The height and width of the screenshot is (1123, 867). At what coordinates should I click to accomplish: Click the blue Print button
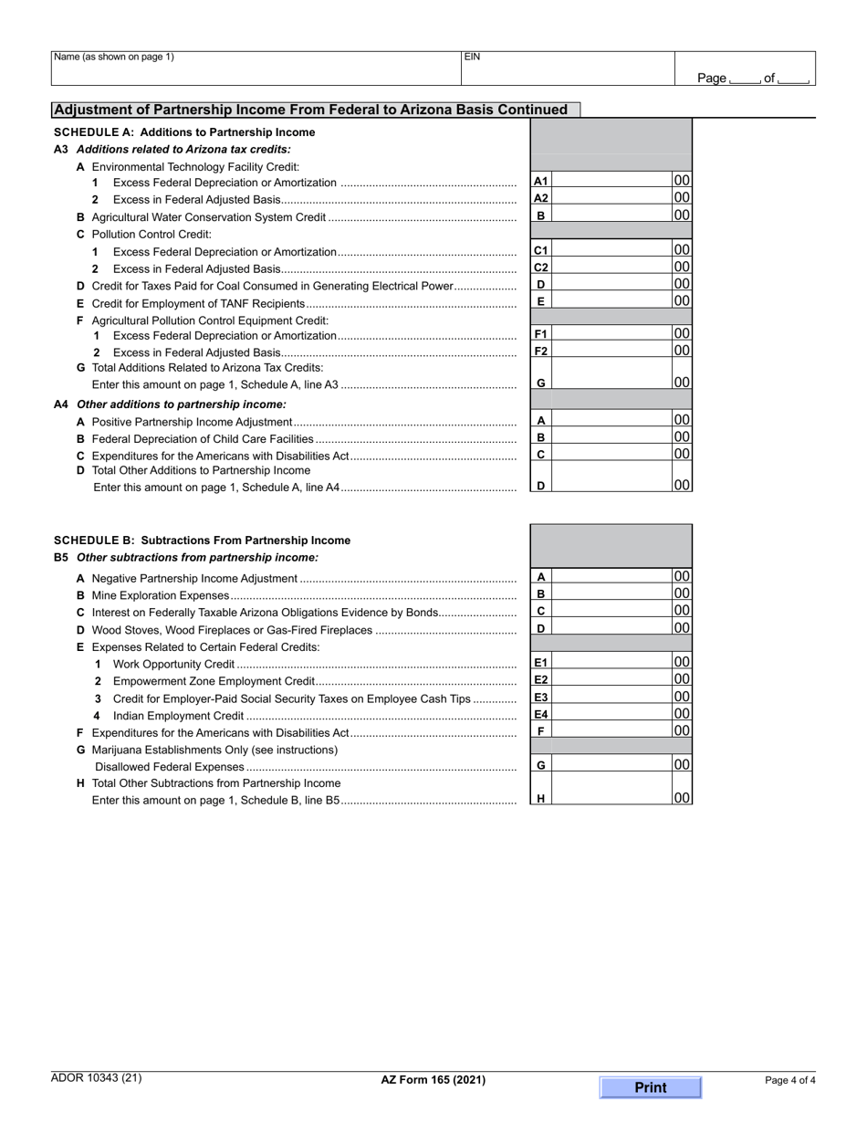pyautogui.click(x=650, y=1087)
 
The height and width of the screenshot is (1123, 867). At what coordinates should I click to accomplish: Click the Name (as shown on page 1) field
pyautogui.click(x=256, y=68)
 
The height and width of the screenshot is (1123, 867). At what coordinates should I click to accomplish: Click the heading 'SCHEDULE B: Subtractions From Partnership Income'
pyautogui.click(x=202, y=541)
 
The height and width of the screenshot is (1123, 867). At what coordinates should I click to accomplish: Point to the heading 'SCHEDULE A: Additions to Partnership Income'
pyautogui.click(x=184, y=132)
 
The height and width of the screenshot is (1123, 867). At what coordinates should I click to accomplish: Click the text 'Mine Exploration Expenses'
pyautogui.click(x=161, y=595)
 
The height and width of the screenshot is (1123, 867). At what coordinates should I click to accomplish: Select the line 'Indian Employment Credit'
pyautogui.click(x=178, y=717)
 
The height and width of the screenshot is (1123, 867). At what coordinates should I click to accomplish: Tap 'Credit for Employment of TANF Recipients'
pyautogui.click(x=198, y=303)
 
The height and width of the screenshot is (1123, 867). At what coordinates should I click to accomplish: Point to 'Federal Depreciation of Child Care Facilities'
pyautogui.click(x=203, y=439)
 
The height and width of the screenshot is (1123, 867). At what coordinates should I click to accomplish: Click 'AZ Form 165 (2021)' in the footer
pyautogui.click(x=433, y=1080)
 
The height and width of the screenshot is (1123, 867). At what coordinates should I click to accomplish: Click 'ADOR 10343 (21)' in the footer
pyautogui.click(x=97, y=1078)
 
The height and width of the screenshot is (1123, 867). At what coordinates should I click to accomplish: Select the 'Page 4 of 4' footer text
pyautogui.click(x=789, y=1081)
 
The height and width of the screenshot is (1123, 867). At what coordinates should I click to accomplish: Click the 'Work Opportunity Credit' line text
pyautogui.click(x=173, y=665)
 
